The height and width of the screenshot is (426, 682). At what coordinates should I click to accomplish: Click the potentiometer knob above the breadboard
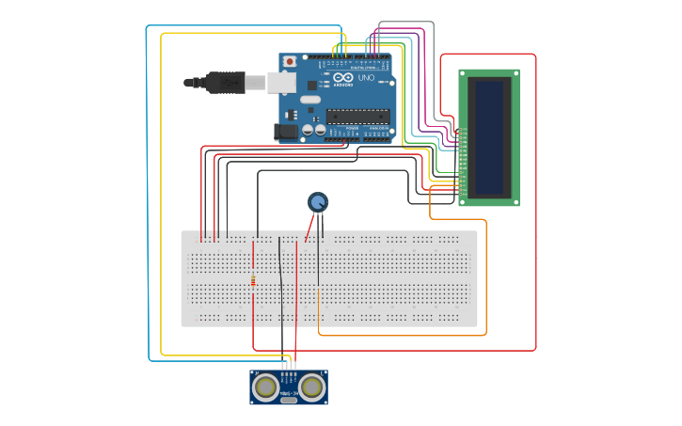(318, 201)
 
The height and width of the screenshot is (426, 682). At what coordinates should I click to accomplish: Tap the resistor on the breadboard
(253, 280)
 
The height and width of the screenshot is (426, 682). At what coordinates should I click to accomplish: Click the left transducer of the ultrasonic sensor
(267, 386)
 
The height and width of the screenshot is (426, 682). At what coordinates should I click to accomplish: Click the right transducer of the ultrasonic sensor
(312, 386)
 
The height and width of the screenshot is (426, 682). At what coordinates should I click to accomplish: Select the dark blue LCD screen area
(489, 137)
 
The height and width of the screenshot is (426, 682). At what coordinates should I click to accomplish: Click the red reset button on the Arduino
(290, 61)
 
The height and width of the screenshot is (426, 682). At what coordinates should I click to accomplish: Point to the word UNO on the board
(367, 78)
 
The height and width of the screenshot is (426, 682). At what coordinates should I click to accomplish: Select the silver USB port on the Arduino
(281, 83)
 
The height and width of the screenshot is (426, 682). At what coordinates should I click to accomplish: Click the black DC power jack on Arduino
(285, 132)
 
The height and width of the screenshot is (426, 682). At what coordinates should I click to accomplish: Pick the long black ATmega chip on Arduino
(357, 117)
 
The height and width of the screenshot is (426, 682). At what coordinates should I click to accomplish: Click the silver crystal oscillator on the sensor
(289, 400)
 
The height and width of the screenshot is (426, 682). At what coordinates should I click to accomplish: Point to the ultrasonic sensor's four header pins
(289, 369)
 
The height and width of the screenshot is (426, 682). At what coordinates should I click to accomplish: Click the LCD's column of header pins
(462, 165)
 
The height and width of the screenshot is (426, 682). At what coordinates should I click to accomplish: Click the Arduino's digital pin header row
(362, 57)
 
